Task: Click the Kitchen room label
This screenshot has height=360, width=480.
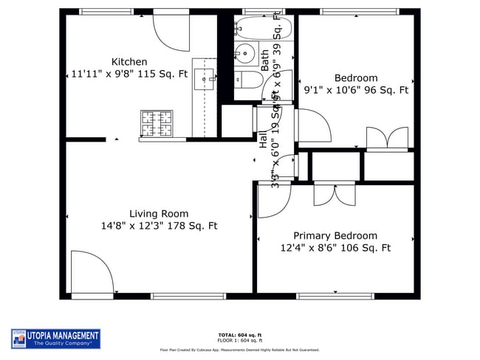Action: click(x=129, y=62)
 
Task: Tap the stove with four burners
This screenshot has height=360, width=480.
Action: click(x=157, y=123)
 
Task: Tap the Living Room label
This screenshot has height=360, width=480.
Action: click(x=159, y=214)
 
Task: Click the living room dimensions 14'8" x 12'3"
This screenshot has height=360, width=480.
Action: click(x=159, y=226)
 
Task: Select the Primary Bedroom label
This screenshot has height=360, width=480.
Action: click(x=335, y=236)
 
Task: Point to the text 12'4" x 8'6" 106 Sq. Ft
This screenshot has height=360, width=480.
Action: click(x=335, y=249)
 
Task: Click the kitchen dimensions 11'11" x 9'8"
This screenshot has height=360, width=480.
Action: click(x=129, y=74)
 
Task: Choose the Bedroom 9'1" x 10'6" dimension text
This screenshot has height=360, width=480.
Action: click(x=356, y=91)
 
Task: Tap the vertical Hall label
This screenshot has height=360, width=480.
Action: click(x=263, y=139)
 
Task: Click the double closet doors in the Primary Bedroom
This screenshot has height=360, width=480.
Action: click(x=334, y=193)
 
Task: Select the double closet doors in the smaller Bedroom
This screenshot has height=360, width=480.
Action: click(x=387, y=139)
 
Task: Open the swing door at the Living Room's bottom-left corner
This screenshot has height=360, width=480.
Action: click(x=90, y=273)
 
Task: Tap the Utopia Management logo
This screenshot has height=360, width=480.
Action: click(x=55, y=338)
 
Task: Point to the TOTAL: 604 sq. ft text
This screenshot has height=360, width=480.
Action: click(x=240, y=335)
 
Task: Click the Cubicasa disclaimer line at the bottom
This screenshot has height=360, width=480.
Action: click(x=240, y=350)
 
